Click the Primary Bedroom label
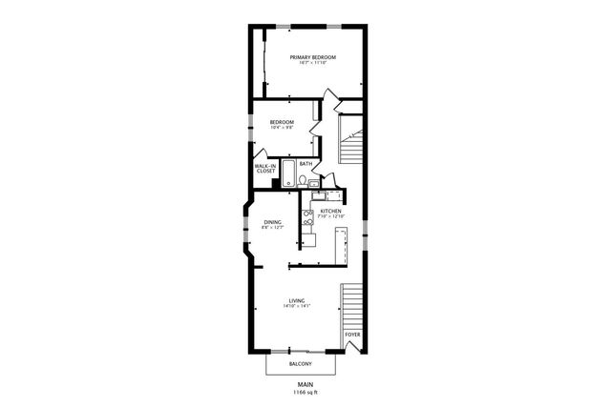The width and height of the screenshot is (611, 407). (x=313, y=57)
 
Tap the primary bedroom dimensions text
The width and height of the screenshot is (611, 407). (x=313, y=64)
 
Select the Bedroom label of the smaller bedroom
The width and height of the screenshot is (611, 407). (x=281, y=121)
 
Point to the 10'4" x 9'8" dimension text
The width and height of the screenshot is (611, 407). (x=281, y=128)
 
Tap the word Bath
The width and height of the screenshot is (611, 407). (x=305, y=163)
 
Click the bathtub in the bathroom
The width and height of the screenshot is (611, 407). (x=287, y=178)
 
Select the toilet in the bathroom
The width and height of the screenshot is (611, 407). (x=302, y=180)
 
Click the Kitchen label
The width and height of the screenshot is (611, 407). (x=330, y=211)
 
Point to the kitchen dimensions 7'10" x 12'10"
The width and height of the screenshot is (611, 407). (x=330, y=216)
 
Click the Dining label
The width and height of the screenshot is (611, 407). (x=273, y=221)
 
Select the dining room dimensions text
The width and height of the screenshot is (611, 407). (x=273, y=228)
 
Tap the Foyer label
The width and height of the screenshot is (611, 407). (x=353, y=336)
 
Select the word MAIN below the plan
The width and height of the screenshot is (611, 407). (x=305, y=384)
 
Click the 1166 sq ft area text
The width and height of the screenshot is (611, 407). (x=305, y=392)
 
